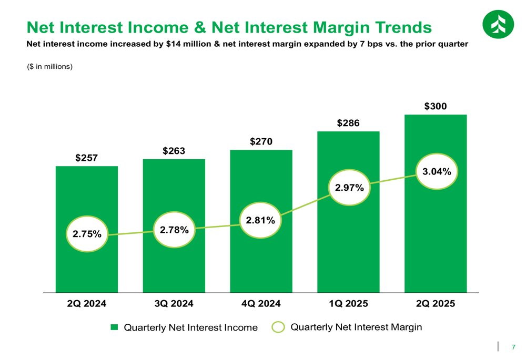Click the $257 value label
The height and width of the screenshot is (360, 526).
click(86, 158)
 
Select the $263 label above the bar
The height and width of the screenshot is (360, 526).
click(174, 151)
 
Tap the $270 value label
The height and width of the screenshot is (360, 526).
click(261, 141)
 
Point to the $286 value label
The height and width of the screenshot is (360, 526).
click(348, 123)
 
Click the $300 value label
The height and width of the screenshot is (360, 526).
click(436, 106)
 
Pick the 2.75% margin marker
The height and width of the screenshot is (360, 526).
click(87, 234)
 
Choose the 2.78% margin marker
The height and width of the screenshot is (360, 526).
click(174, 229)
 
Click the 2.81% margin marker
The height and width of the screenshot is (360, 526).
click(260, 221)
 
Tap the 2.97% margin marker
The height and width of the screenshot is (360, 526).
click(349, 187)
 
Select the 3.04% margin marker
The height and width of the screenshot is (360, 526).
click(437, 171)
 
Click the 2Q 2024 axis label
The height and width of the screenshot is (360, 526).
click(87, 304)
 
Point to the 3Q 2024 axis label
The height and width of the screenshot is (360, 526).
click(174, 304)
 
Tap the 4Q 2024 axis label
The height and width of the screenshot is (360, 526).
click(261, 304)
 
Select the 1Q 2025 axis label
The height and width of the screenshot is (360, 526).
click(348, 304)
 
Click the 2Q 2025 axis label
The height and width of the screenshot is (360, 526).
click(436, 304)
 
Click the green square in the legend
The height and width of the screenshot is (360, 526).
click(114, 327)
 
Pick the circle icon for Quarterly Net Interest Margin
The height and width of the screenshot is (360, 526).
click(278, 327)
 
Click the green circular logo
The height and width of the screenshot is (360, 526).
click(497, 24)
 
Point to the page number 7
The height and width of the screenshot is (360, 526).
click(513, 346)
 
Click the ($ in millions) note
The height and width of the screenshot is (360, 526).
click(49, 67)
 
